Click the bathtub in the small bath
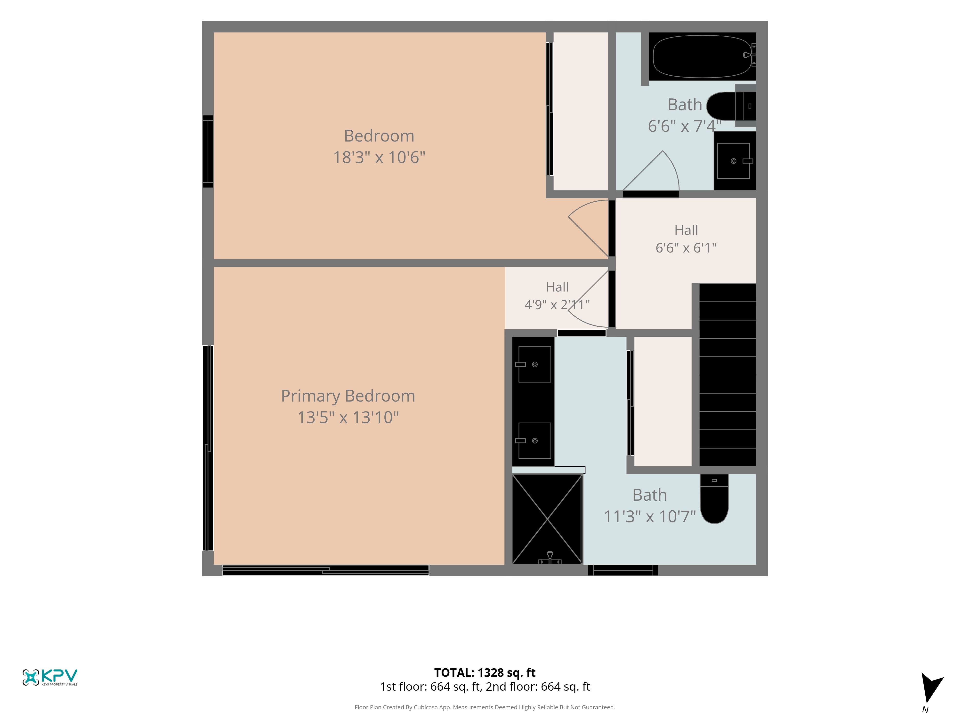[x=702, y=56]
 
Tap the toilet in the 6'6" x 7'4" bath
[x=731, y=106]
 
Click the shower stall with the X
[x=547, y=519]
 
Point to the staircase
[x=727, y=375]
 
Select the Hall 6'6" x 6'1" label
[x=686, y=239]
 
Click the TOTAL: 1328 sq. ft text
[x=485, y=673]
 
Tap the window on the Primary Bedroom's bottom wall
[x=326, y=570]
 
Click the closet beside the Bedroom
[x=581, y=111]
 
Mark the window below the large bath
[x=623, y=570]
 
